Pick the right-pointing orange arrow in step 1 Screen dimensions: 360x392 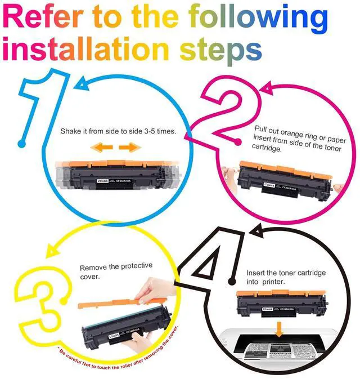coord(129,148)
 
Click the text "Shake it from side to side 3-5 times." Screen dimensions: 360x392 coord(119,131)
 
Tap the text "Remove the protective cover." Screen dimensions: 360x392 coord(116,271)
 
